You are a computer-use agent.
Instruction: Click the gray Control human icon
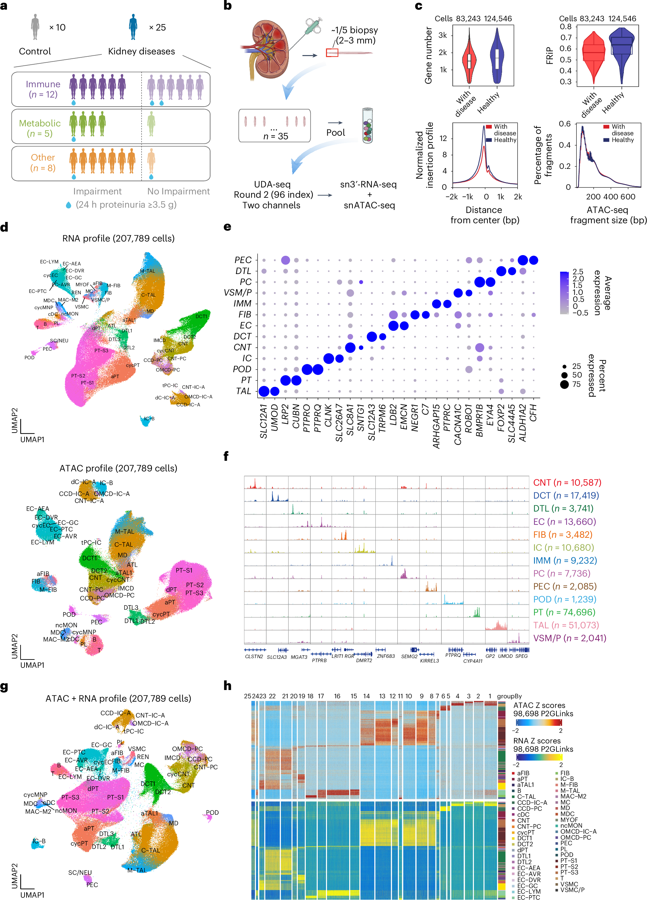pos(35,27)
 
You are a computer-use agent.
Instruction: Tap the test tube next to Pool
pos(367,126)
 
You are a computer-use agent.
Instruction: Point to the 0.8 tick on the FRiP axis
pos(566,27)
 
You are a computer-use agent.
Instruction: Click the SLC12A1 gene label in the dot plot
pos(263,421)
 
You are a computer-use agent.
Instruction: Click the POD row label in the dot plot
pos(242,369)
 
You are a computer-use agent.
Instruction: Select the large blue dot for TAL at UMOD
pos(275,391)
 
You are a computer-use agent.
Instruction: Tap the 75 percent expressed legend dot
pos(564,384)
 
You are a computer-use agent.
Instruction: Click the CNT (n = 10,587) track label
pos(567,483)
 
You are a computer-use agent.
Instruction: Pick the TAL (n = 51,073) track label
pos(566,625)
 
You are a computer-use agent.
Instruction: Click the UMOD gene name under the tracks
pos(505,656)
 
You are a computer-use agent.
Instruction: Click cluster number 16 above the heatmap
pos(337,696)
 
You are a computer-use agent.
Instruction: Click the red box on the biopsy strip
pos(332,52)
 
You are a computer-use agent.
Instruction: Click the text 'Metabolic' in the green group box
pos(40,123)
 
